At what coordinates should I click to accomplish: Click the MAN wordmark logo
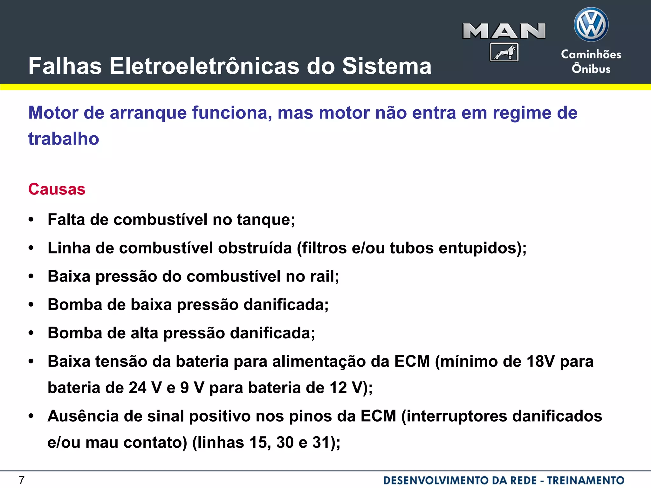(x=504, y=31)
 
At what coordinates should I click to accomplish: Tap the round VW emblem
(x=591, y=24)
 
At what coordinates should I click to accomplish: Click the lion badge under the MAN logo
(x=504, y=52)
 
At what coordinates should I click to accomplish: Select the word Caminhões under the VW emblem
(x=591, y=54)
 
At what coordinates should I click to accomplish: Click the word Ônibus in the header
(x=591, y=69)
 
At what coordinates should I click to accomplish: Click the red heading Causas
(x=57, y=189)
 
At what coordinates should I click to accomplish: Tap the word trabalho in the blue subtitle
(x=64, y=139)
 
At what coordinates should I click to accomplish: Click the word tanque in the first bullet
(x=266, y=220)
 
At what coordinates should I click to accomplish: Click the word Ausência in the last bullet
(x=83, y=416)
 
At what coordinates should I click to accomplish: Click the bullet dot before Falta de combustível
(x=31, y=220)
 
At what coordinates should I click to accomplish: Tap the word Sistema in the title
(x=387, y=66)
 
